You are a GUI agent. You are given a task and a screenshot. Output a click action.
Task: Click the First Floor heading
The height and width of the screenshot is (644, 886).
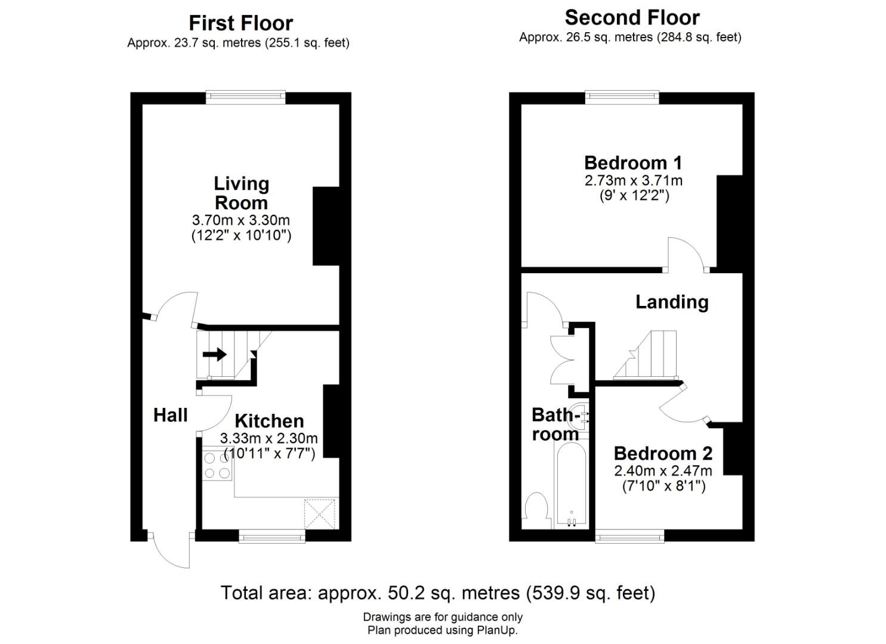[x=240, y=23]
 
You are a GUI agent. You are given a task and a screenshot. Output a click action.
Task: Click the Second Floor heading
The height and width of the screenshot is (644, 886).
[x=632, y=17]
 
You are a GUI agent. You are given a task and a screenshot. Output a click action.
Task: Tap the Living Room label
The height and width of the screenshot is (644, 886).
[x=241, y=193]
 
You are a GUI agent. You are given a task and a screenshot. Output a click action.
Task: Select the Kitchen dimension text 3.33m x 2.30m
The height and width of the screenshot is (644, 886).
[x=268, y=438]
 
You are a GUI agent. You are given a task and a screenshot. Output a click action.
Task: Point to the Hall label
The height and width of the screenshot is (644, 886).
[x=170, y=415]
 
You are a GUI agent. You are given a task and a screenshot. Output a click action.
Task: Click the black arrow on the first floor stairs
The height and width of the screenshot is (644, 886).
[x=215, y=354]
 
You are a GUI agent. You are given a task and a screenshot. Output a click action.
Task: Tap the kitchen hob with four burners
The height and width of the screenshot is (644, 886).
[x=217, y=466]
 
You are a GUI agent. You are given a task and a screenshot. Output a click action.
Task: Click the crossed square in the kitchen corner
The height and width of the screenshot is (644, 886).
[x=320, y=513]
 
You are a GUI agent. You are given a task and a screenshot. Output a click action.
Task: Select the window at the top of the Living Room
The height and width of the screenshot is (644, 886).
[x=245, y=97]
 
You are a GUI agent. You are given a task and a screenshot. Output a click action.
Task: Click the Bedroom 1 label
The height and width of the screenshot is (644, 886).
[x=632, y=163]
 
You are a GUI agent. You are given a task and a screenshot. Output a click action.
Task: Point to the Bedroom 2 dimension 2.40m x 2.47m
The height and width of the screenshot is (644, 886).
[x=663, y=470]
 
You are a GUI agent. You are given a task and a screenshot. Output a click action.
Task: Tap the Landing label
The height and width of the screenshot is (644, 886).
[x=672, y=302]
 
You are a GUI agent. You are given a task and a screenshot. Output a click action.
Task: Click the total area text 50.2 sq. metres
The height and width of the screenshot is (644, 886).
[x=438, y=593]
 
